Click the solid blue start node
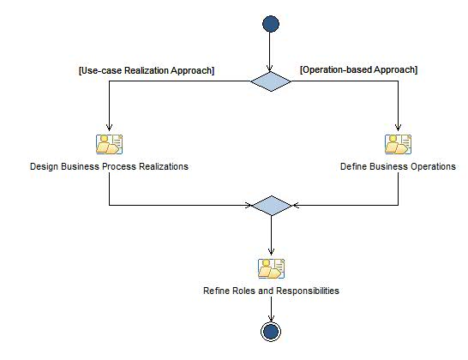tap(271, 24)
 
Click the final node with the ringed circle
tap(271, 332)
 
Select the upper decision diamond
tap(271, 82)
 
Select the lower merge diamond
tap(271, 206)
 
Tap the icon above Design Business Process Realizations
tap(109, 144)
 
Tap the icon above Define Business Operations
tap(398, 144)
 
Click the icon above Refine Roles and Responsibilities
tap(271, 268)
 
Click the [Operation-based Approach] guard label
tap(358, 69)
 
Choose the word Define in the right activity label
tap(355, 166)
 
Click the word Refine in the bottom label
tap(216, 291)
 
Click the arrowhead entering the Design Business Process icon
tap(109, 129)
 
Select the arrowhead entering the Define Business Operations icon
tap(398, 129)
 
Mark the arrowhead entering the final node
tap(271, 319)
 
